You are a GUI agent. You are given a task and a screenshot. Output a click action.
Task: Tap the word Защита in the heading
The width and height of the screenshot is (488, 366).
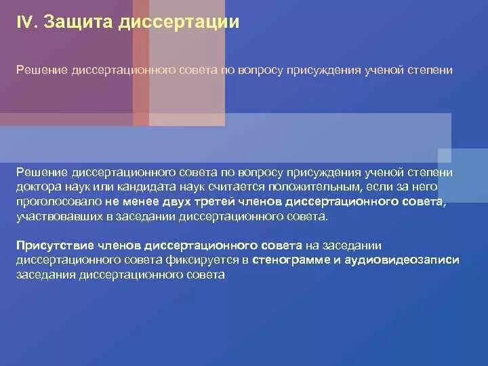76,23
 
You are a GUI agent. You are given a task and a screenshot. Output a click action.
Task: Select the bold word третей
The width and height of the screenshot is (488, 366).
216,202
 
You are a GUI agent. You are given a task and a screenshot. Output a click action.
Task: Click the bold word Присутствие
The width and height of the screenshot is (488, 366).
57,245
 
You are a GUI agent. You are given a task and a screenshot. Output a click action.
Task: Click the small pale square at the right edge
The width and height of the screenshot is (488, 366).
445,155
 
